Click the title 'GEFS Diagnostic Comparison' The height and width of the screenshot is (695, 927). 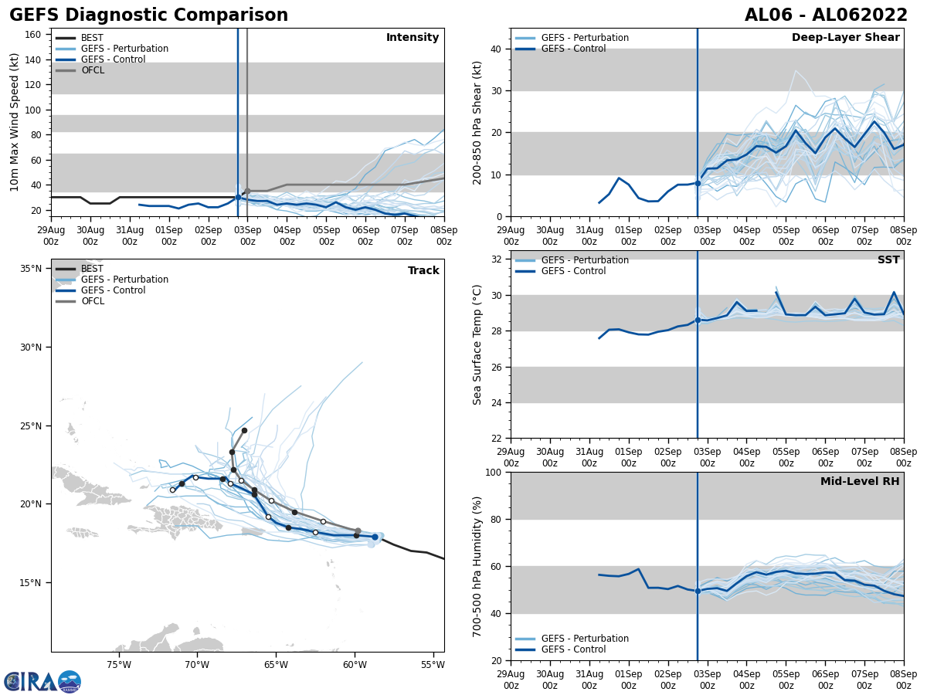click(x=148, y=15)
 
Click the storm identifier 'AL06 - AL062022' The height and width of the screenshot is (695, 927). click(x=826, y=15)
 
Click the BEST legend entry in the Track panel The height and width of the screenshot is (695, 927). click(x=92, y=269)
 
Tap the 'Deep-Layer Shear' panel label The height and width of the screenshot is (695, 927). click(x=845, y=38)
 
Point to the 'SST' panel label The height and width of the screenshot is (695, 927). click(x=888, y=260)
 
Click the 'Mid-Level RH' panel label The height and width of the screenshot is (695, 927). click(x=860, y=482)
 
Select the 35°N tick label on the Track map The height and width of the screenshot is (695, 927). click(x=31, y=269)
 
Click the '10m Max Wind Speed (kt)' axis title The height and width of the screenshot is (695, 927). click(x=15, y=122)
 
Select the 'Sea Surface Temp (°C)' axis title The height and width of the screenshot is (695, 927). click(x=477, y=344)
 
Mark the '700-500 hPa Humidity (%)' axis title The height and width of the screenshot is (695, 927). click(x=477, y=566)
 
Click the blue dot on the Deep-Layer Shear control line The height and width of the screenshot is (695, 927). click(x=698, y=183)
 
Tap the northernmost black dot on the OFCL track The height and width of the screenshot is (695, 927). click(x=244, y=431)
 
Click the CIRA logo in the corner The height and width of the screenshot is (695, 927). click(x=42, y=681)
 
